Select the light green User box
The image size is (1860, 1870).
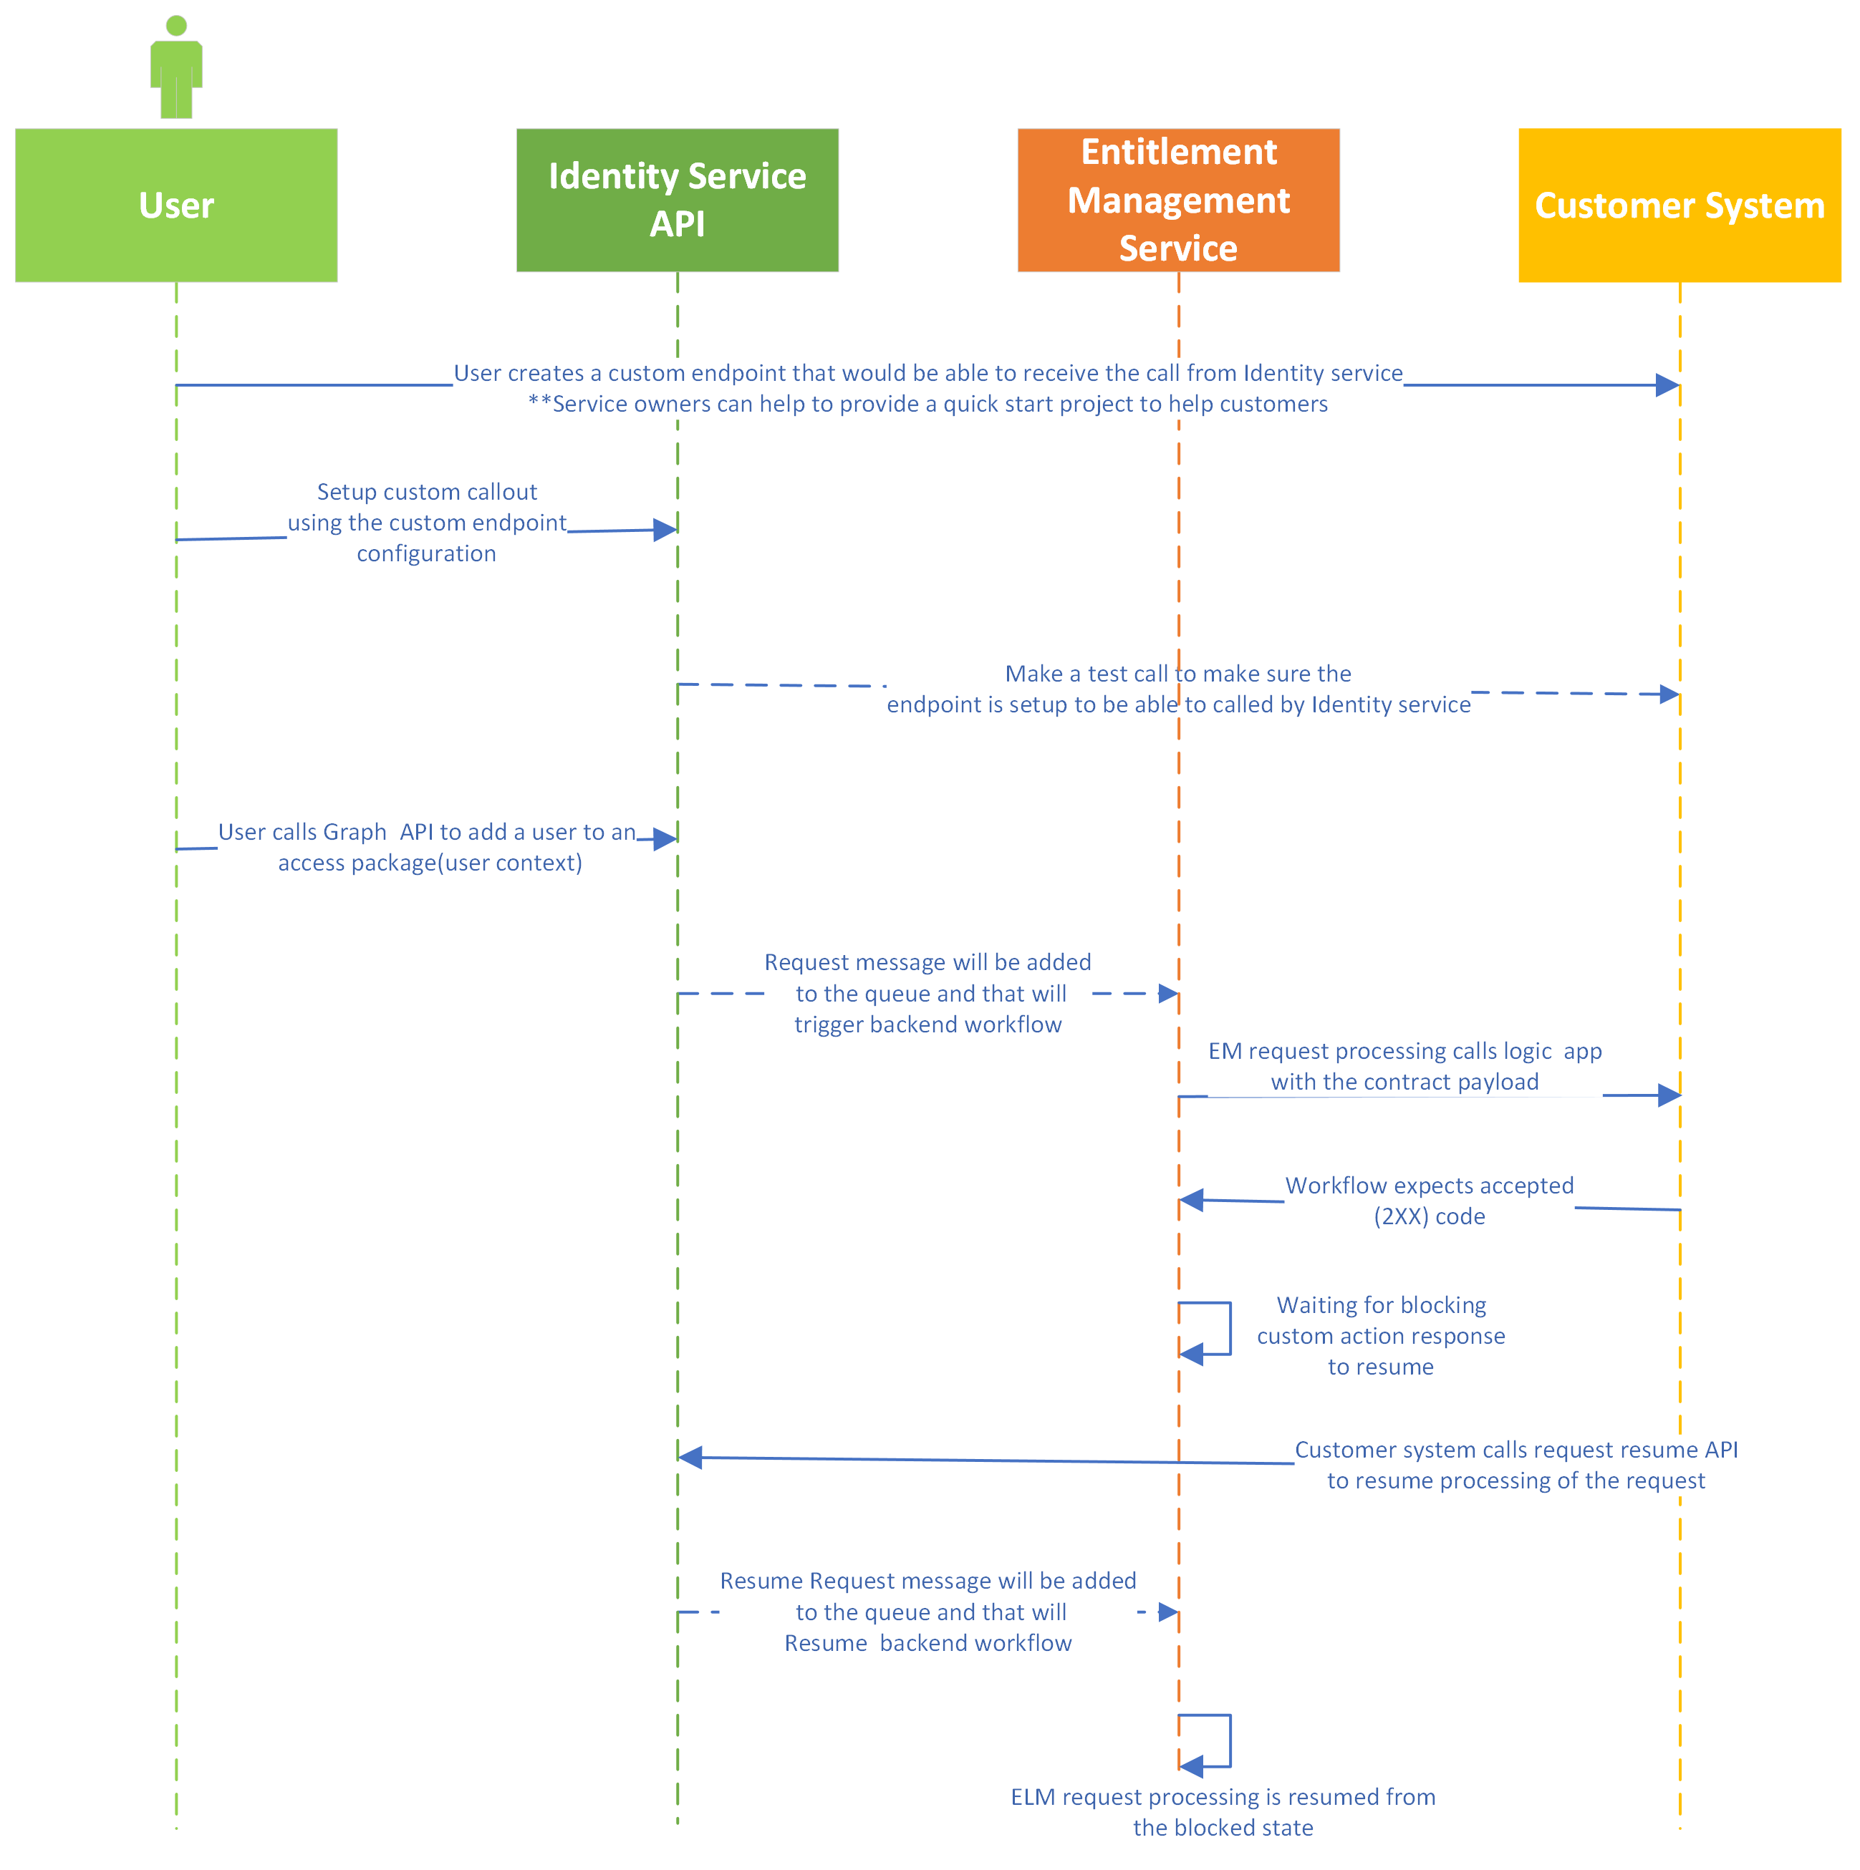[x=176, y=205]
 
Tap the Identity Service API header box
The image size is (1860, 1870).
[x=677, y=200]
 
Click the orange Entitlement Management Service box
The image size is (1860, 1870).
[x=1177, y=200]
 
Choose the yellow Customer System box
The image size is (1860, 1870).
[x=1679, y=205]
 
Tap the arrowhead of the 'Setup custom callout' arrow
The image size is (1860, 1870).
[x=665, y=530]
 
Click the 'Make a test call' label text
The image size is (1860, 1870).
[x=1177, y=674]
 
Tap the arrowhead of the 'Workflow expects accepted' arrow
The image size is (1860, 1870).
[x=1191, y=1200]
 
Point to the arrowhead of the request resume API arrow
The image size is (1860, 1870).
[x=690, y=1457]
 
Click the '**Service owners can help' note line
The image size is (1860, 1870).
[x=927, y=404]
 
